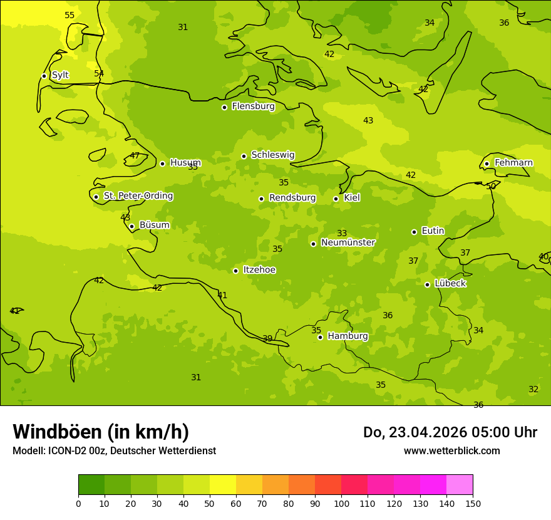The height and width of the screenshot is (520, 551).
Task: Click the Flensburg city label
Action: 253,107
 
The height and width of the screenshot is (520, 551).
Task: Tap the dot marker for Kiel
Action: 336,199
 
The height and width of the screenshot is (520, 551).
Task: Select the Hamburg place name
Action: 348,336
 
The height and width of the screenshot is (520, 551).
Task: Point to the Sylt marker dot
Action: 44,76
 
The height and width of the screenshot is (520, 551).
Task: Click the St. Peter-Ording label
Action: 138,196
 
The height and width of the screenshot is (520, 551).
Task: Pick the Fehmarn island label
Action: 513,163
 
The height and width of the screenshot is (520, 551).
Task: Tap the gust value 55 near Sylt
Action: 70,15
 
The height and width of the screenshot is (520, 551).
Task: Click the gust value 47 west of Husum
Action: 135,155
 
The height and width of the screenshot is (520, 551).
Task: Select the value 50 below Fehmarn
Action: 491,186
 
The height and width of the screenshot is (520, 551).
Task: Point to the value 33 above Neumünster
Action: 342,233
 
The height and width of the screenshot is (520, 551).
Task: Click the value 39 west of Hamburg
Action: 267,338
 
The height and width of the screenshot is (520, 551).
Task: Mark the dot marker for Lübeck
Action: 427,284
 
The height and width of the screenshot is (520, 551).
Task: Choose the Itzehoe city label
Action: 259,270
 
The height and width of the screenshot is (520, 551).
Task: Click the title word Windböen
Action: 57,432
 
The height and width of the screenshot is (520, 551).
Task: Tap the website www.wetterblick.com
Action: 451,451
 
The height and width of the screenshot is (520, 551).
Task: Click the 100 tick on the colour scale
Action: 341,503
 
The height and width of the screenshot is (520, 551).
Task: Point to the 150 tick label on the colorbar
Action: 473,503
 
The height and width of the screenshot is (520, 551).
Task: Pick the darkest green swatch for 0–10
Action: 91,484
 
